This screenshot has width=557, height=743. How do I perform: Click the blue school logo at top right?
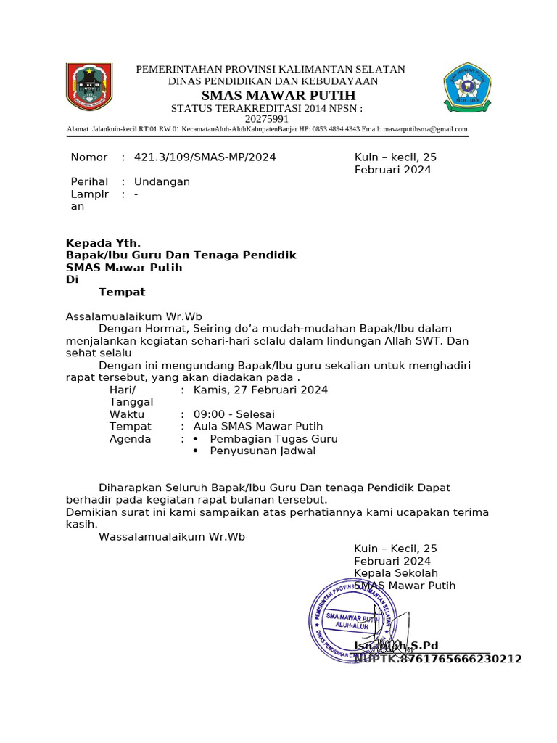[467, 88]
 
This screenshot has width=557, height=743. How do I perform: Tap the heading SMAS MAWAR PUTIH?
[278, 96]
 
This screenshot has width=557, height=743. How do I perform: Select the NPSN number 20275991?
[267, 119]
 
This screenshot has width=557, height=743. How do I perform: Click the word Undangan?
[162, 182]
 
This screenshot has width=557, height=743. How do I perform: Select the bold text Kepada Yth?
[103, 243]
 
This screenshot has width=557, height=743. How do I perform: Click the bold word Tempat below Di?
[122, 292]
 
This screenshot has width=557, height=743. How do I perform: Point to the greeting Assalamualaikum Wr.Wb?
[134, 317]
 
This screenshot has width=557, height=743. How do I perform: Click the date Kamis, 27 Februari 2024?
[260, 390]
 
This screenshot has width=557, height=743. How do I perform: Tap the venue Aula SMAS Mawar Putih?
[258, 427]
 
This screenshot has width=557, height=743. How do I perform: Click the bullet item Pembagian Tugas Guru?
[273, 439]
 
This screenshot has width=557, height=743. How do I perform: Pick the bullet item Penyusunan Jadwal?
[263, 451]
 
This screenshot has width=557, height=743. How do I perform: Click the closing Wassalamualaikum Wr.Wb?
[172, 537]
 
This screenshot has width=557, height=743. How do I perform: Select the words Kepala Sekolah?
[396, 574]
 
